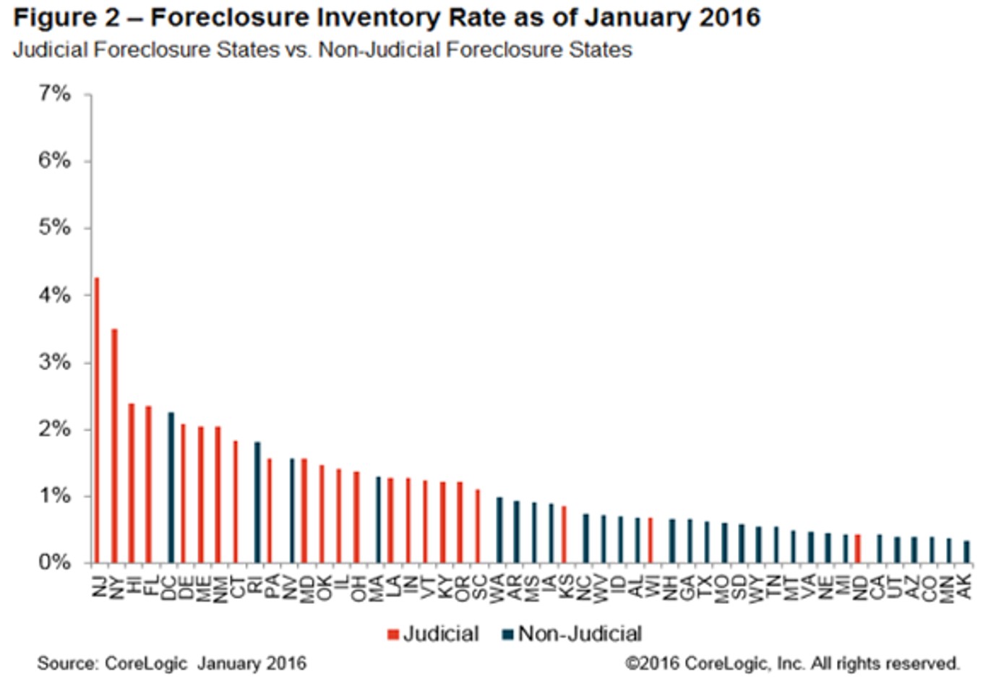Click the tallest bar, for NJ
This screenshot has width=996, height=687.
coord(97,419)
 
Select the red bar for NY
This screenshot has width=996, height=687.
coord(114,445)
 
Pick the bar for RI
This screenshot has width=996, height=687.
coord(257,503)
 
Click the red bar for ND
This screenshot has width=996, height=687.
coord(857,549)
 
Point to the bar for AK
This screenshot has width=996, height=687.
coord(966,552)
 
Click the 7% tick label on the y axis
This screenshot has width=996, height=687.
coord(54,94)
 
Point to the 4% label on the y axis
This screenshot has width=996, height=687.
coord(54,295)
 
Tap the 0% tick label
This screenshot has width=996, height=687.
coord(54,563)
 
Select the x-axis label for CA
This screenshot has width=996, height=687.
coord(877,586)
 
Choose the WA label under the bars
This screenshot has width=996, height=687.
coord(497,586)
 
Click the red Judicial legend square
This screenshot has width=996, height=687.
coord(393,635)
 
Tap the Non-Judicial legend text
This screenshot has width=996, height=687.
coord(580,634)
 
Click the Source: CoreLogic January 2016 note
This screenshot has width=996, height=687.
coord(172,663)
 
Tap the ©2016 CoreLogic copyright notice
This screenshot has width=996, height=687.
coord(792,663)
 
